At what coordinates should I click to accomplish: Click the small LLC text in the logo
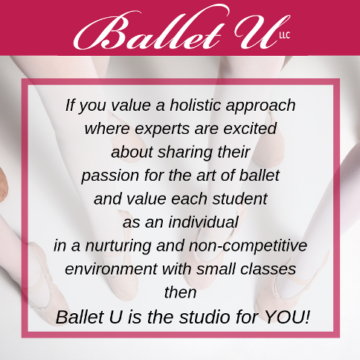tap(285, 36)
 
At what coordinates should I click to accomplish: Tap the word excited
tap(250, 129)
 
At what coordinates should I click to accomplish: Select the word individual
tap(204, 222)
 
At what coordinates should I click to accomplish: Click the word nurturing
tap(118, 246)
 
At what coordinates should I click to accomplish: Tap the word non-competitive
tap(248, 246)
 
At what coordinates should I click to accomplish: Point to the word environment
tap(111, 269)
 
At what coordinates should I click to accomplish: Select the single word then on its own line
tap(180, 292)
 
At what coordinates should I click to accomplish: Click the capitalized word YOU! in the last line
tap(287, 317)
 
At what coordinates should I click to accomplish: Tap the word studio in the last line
tap(205, 317)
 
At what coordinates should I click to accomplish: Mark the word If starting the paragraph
tap(71, 105)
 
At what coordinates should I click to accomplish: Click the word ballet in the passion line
tap(260, 175)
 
